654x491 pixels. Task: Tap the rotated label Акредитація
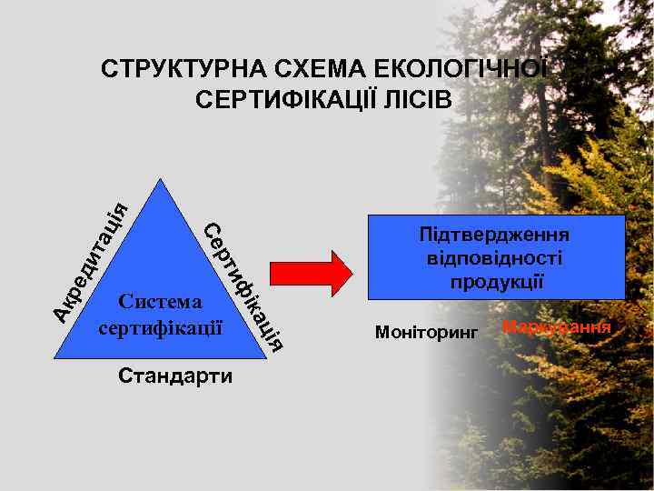pos(89,258)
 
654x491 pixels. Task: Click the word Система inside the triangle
pos(160,301)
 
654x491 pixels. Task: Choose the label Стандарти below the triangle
pos(175,376)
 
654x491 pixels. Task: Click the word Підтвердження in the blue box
pos(496,235)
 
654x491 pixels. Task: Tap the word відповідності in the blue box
pos(496,258)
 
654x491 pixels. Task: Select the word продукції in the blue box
pos(496,281)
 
